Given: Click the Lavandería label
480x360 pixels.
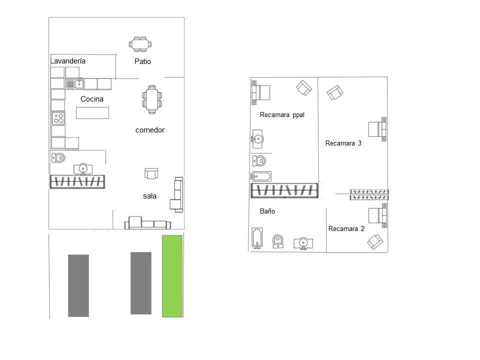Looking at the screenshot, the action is click(68, 61).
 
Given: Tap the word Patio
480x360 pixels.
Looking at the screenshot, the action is click(142, 61).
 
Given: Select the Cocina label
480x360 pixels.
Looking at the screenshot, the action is click(92, 99).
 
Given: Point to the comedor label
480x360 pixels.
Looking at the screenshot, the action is click(150, 130).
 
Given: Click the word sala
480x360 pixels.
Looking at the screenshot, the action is click(149, 196).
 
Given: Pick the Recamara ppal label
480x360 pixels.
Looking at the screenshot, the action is click(282, 115).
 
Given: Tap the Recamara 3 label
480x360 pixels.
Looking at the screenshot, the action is click(343, 143).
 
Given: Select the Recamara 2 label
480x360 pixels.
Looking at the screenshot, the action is click(346, 228).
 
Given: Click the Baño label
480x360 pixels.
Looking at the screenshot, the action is click(267, 211).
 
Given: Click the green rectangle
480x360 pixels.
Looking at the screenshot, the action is click(172, 276).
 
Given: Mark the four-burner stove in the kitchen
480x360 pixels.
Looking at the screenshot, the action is click(58, 118).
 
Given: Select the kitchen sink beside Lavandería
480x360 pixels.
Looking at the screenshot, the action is click(74, 83).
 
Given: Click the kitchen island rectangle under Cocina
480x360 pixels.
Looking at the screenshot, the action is click(92, 113).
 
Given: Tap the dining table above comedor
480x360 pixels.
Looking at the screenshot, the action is click(152, 99).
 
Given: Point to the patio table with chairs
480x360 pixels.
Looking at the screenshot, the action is click(140, 44).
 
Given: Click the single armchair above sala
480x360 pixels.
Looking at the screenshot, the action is click(151, 173).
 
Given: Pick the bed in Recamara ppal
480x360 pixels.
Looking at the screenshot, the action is click(261, 92).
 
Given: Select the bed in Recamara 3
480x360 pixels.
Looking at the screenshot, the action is click(377, 129).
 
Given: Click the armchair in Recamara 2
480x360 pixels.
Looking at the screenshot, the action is click(375, 241).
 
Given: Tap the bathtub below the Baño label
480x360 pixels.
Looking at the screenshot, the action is click(257, 237).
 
